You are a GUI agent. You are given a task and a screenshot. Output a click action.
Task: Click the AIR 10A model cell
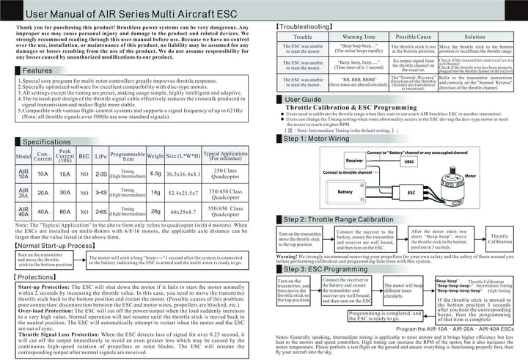(23, 173)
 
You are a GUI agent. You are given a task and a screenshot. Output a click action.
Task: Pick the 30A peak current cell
(65, 192)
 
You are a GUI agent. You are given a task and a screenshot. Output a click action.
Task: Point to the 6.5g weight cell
(155, 173)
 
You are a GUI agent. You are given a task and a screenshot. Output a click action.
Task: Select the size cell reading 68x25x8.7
(183, 212)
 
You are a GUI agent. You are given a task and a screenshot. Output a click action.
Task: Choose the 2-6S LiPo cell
(101, 212)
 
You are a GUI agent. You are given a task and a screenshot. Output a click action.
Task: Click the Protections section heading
(35, 278)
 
